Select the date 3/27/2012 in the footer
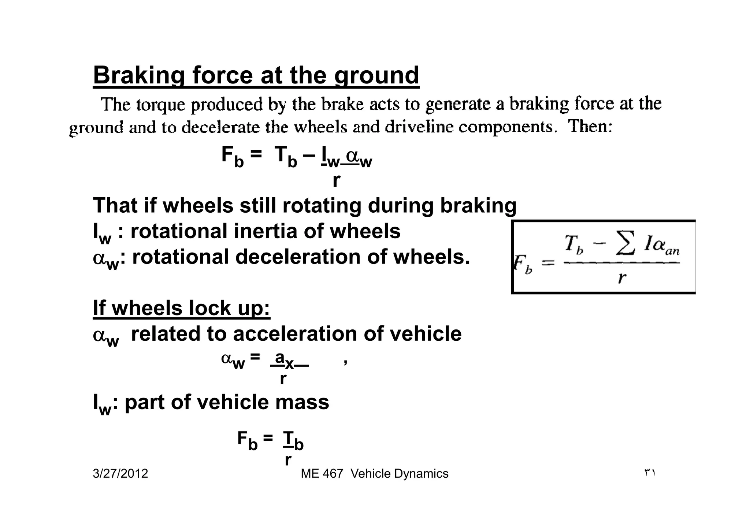point(120,474)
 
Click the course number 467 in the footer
point(333,474)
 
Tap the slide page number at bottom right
point(649,473)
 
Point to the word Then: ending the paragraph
point(590,127)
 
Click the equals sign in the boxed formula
point(548,263)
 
